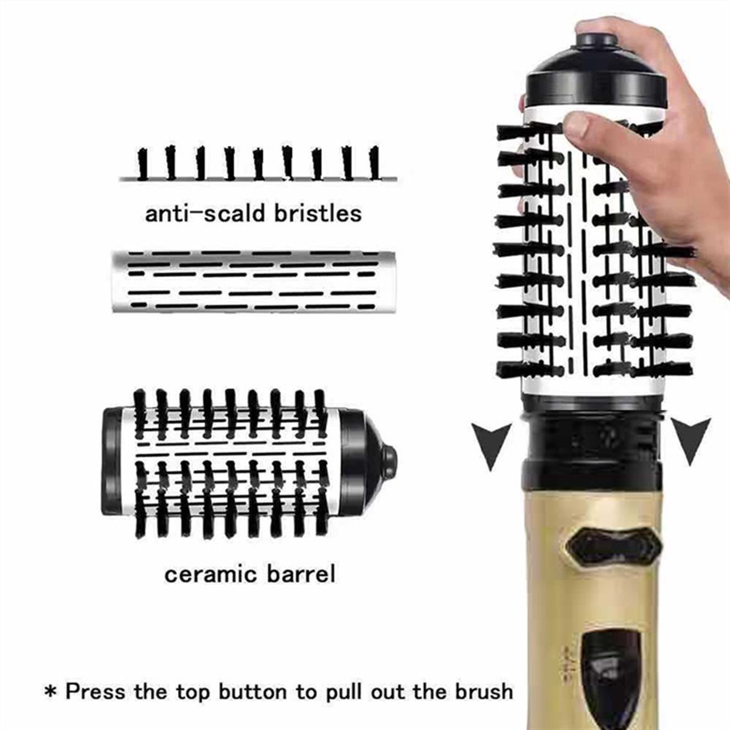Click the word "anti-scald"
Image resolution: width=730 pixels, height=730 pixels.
(205, 214)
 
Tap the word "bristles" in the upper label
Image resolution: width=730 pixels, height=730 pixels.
(318, 214)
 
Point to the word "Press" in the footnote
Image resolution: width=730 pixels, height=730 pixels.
(95, 681)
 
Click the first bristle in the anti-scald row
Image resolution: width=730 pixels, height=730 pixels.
(142, 164)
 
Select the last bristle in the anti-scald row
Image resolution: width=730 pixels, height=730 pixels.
(374, 163)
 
